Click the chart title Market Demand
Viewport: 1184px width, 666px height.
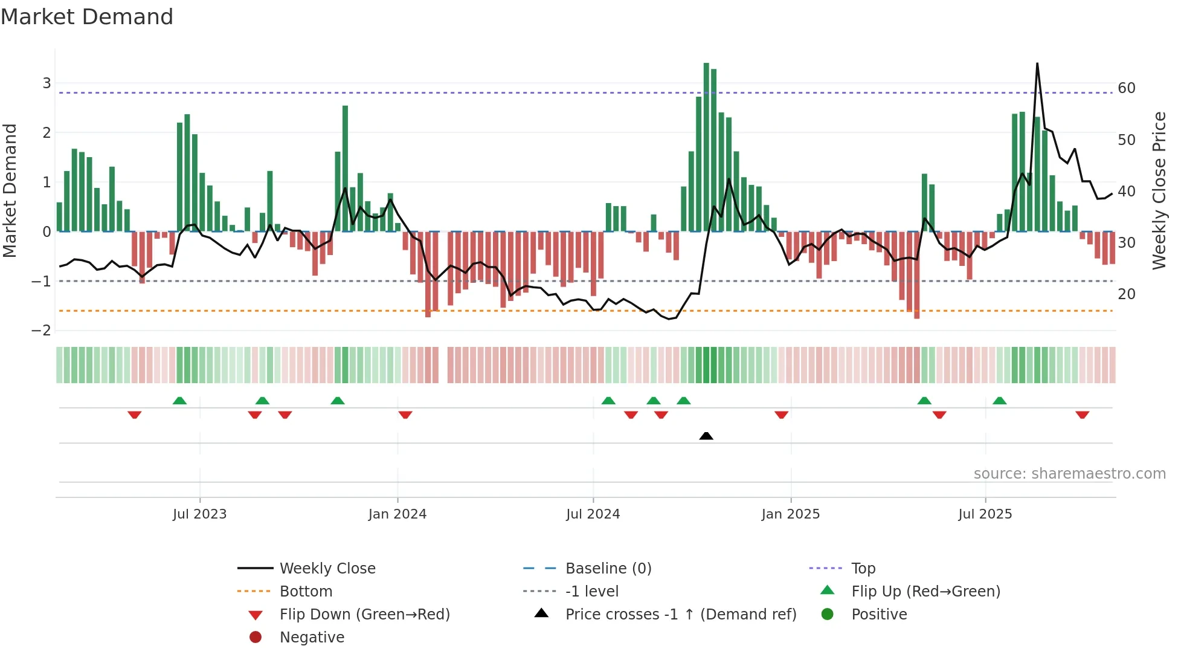pyautogui.click(x=87, y=17)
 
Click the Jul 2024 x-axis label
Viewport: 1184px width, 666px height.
pyautogui.click(x=593, y=514)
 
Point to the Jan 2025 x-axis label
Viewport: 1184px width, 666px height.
pyautogui.click(x=790, y=514)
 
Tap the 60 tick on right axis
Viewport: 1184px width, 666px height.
pyautogui.click(x=1127, y=88)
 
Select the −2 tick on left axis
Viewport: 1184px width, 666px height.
pyautogui.click(x=42, y=331)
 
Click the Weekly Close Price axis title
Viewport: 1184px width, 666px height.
pyautogui.click(x=1159, y=190)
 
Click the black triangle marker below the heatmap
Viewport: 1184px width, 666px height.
pyautogui.click(x=706, y=436)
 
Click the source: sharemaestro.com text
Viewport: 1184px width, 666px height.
pyautogui.click(x=1069, y=474)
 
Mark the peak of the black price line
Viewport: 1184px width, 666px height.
pyautogui.click(x=1037, y=63)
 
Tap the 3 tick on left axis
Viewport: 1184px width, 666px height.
pyautogui.click(x=47, y=83)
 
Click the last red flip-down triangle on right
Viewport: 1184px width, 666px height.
pyautogui.click(x=1082, y=415)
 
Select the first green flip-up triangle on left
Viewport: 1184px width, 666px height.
pyautogui.click(x=179, y=401)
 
